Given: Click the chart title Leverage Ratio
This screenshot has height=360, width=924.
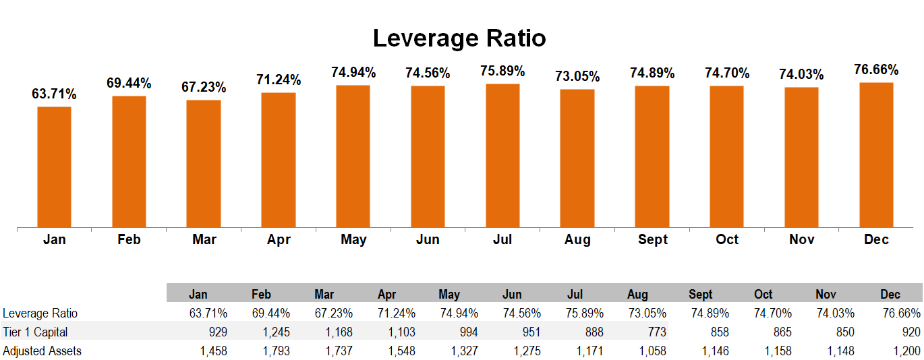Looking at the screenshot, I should pyautogui.click(x=459, y=38).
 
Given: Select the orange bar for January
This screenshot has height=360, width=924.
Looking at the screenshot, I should pyautogui.click(x=54, y=167).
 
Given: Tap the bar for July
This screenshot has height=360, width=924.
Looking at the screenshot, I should pyautogui.click(x=502, y=155).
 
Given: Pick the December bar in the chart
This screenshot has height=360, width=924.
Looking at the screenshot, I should pyautogui.click(x=876, y=154).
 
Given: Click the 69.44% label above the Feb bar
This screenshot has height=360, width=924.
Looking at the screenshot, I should pyautogui.click(x=129, y=84).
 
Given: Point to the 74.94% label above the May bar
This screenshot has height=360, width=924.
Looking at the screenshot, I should pyautogui.click(x=353, y=72).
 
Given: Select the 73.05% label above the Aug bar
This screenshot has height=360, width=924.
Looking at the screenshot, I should pyautogui.click(x=577, y=76).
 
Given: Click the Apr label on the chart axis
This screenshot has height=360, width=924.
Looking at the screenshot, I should pyautogui.click(x=279, y=239).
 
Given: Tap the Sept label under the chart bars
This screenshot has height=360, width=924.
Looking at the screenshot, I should pyautogui.click(x=652, y=239).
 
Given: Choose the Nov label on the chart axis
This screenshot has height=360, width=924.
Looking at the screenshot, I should pyautogui.click(x=801, y=239).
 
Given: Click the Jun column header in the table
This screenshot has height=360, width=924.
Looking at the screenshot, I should pyautogui.click(x=512, y=295).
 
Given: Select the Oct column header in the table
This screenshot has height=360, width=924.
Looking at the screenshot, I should pyautogui.click(x=763, y=295).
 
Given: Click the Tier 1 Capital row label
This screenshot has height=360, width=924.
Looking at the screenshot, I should pyautogui.click(x=35, y=332).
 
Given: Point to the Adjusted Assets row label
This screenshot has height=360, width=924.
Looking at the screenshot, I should pyautogui.click(x=42, y=351).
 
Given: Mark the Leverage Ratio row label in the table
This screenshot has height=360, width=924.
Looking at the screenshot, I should pyautogui.click(x=40, y=313).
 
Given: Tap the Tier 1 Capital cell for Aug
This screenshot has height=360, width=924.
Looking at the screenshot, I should pyautogui.click(x=654, y=332).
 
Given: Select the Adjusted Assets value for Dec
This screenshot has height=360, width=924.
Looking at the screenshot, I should pyautogui.click(x=905, y=351).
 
